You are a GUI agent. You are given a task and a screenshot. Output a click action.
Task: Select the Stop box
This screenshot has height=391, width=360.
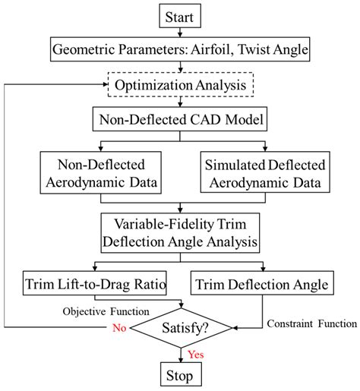coord(181,375)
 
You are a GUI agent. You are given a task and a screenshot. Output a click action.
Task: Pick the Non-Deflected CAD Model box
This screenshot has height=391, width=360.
coord(181,119)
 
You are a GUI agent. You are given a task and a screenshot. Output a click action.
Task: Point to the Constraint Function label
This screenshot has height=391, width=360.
coord(311,323)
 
